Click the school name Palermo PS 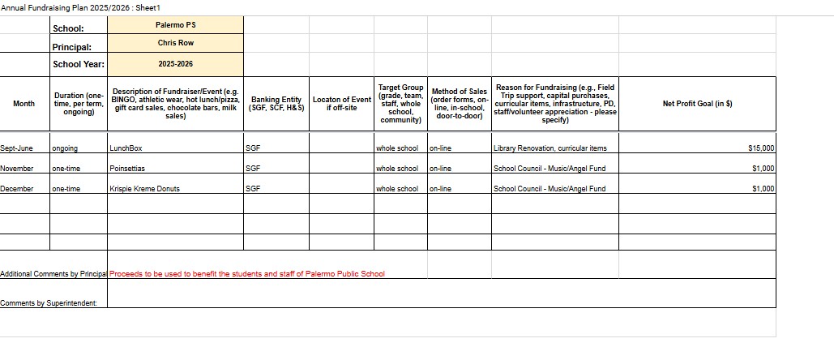tap(175, 24)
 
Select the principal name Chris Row tap(175, 43)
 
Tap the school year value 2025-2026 tap(175, 63)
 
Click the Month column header tap(24, 104)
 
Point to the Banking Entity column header tap(276, 104)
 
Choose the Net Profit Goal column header tap(697, 104)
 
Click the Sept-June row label tap(17, 148)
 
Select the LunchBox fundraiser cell tap(126, 148)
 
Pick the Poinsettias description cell tap(127, 169)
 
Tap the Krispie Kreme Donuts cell tap(144, 189)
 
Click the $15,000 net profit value tap(761, 148)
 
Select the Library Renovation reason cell tap(550, 148)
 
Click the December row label tap(17, 189)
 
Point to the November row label tap(17, 169)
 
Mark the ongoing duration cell tap(65, 148)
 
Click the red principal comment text tap(246, 274)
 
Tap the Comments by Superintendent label tap(49, 303)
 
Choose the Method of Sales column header tap(460, 104)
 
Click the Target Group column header tap(400, 104)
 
